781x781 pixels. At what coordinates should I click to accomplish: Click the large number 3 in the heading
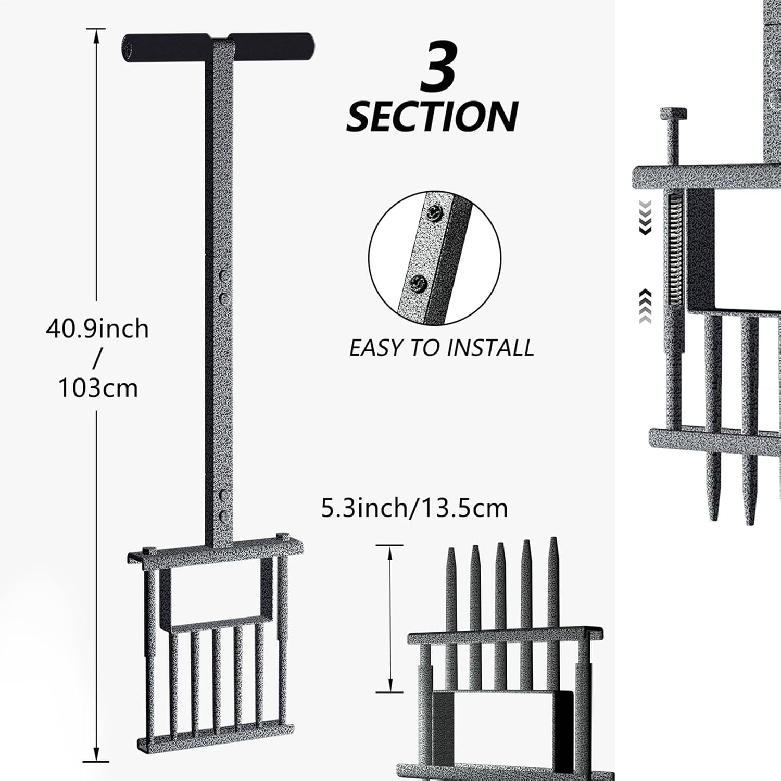439,68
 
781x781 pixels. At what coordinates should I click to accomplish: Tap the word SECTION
432,117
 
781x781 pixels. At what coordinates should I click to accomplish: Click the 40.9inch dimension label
97,329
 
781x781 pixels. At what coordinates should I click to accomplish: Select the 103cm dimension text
98,388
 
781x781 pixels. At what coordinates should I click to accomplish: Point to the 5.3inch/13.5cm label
414,508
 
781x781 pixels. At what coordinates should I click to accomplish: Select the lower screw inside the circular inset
419,284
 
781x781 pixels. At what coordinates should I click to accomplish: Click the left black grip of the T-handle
167,47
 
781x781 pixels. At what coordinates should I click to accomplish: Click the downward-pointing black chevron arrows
645,217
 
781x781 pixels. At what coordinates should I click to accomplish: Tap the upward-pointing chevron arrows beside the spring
645,306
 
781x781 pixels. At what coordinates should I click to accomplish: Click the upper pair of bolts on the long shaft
224,287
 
